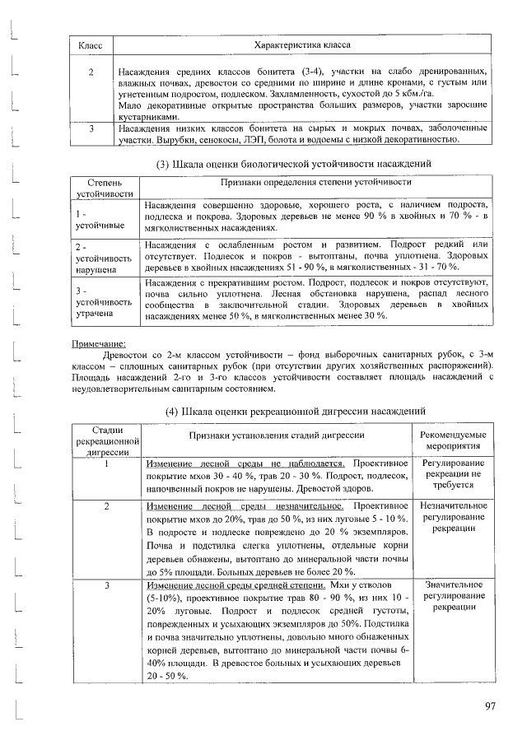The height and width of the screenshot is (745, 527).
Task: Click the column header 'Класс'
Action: tap(90, 45)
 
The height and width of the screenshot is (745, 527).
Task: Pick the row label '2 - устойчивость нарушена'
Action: tap(100, 258)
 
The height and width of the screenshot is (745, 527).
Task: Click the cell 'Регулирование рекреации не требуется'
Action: tap(453, 474)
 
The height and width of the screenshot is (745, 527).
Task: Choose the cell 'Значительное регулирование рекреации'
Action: tap(453, 595)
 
